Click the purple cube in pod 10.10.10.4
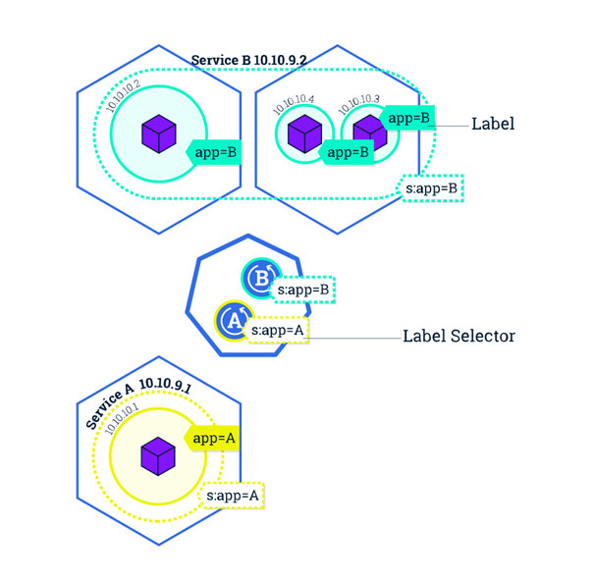pos(304,132)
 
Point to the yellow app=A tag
pos(215,439)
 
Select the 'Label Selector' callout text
pos(459,336)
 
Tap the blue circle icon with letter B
pos(261,279)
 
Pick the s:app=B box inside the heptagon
pos(303,291)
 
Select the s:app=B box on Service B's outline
pos(432,186)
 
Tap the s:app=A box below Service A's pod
pos(233,496)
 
